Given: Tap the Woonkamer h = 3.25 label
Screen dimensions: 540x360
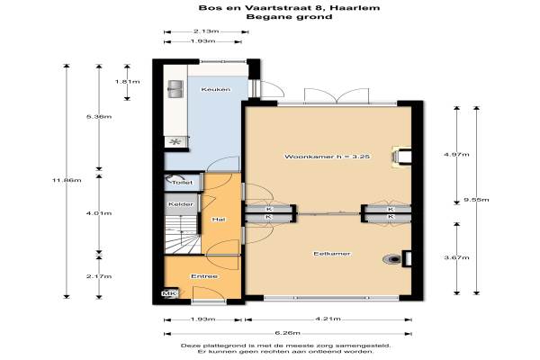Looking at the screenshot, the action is tap(328, 157).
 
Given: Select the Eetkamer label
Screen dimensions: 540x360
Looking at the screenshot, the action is tap(331, 254).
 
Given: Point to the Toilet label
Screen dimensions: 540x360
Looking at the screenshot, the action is tap(182, 183).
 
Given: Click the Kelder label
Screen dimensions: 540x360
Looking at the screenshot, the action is tap(181, 204).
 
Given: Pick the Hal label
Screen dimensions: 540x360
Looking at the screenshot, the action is tap(219, 220).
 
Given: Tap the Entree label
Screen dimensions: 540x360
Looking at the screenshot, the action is tap(204, 276).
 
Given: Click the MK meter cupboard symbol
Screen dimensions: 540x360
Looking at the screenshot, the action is tap(169, 293).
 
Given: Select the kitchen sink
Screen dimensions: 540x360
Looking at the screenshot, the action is tap(175, 89).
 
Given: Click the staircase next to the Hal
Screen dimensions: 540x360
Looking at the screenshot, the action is tap(183, 234).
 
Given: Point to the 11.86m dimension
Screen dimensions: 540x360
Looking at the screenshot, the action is tap(67, 180).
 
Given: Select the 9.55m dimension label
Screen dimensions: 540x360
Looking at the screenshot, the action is tap(476, 200).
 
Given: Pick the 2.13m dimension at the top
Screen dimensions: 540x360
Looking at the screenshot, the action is tap(206, 31).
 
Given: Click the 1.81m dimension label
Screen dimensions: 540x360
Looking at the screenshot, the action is tap(128, 82).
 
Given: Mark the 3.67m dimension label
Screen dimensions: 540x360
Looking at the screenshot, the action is tap(456, 257).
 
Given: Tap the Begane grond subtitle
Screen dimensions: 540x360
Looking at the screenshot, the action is tap(289, 16).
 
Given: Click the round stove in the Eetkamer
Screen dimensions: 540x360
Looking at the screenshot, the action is tap(392, 258).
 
